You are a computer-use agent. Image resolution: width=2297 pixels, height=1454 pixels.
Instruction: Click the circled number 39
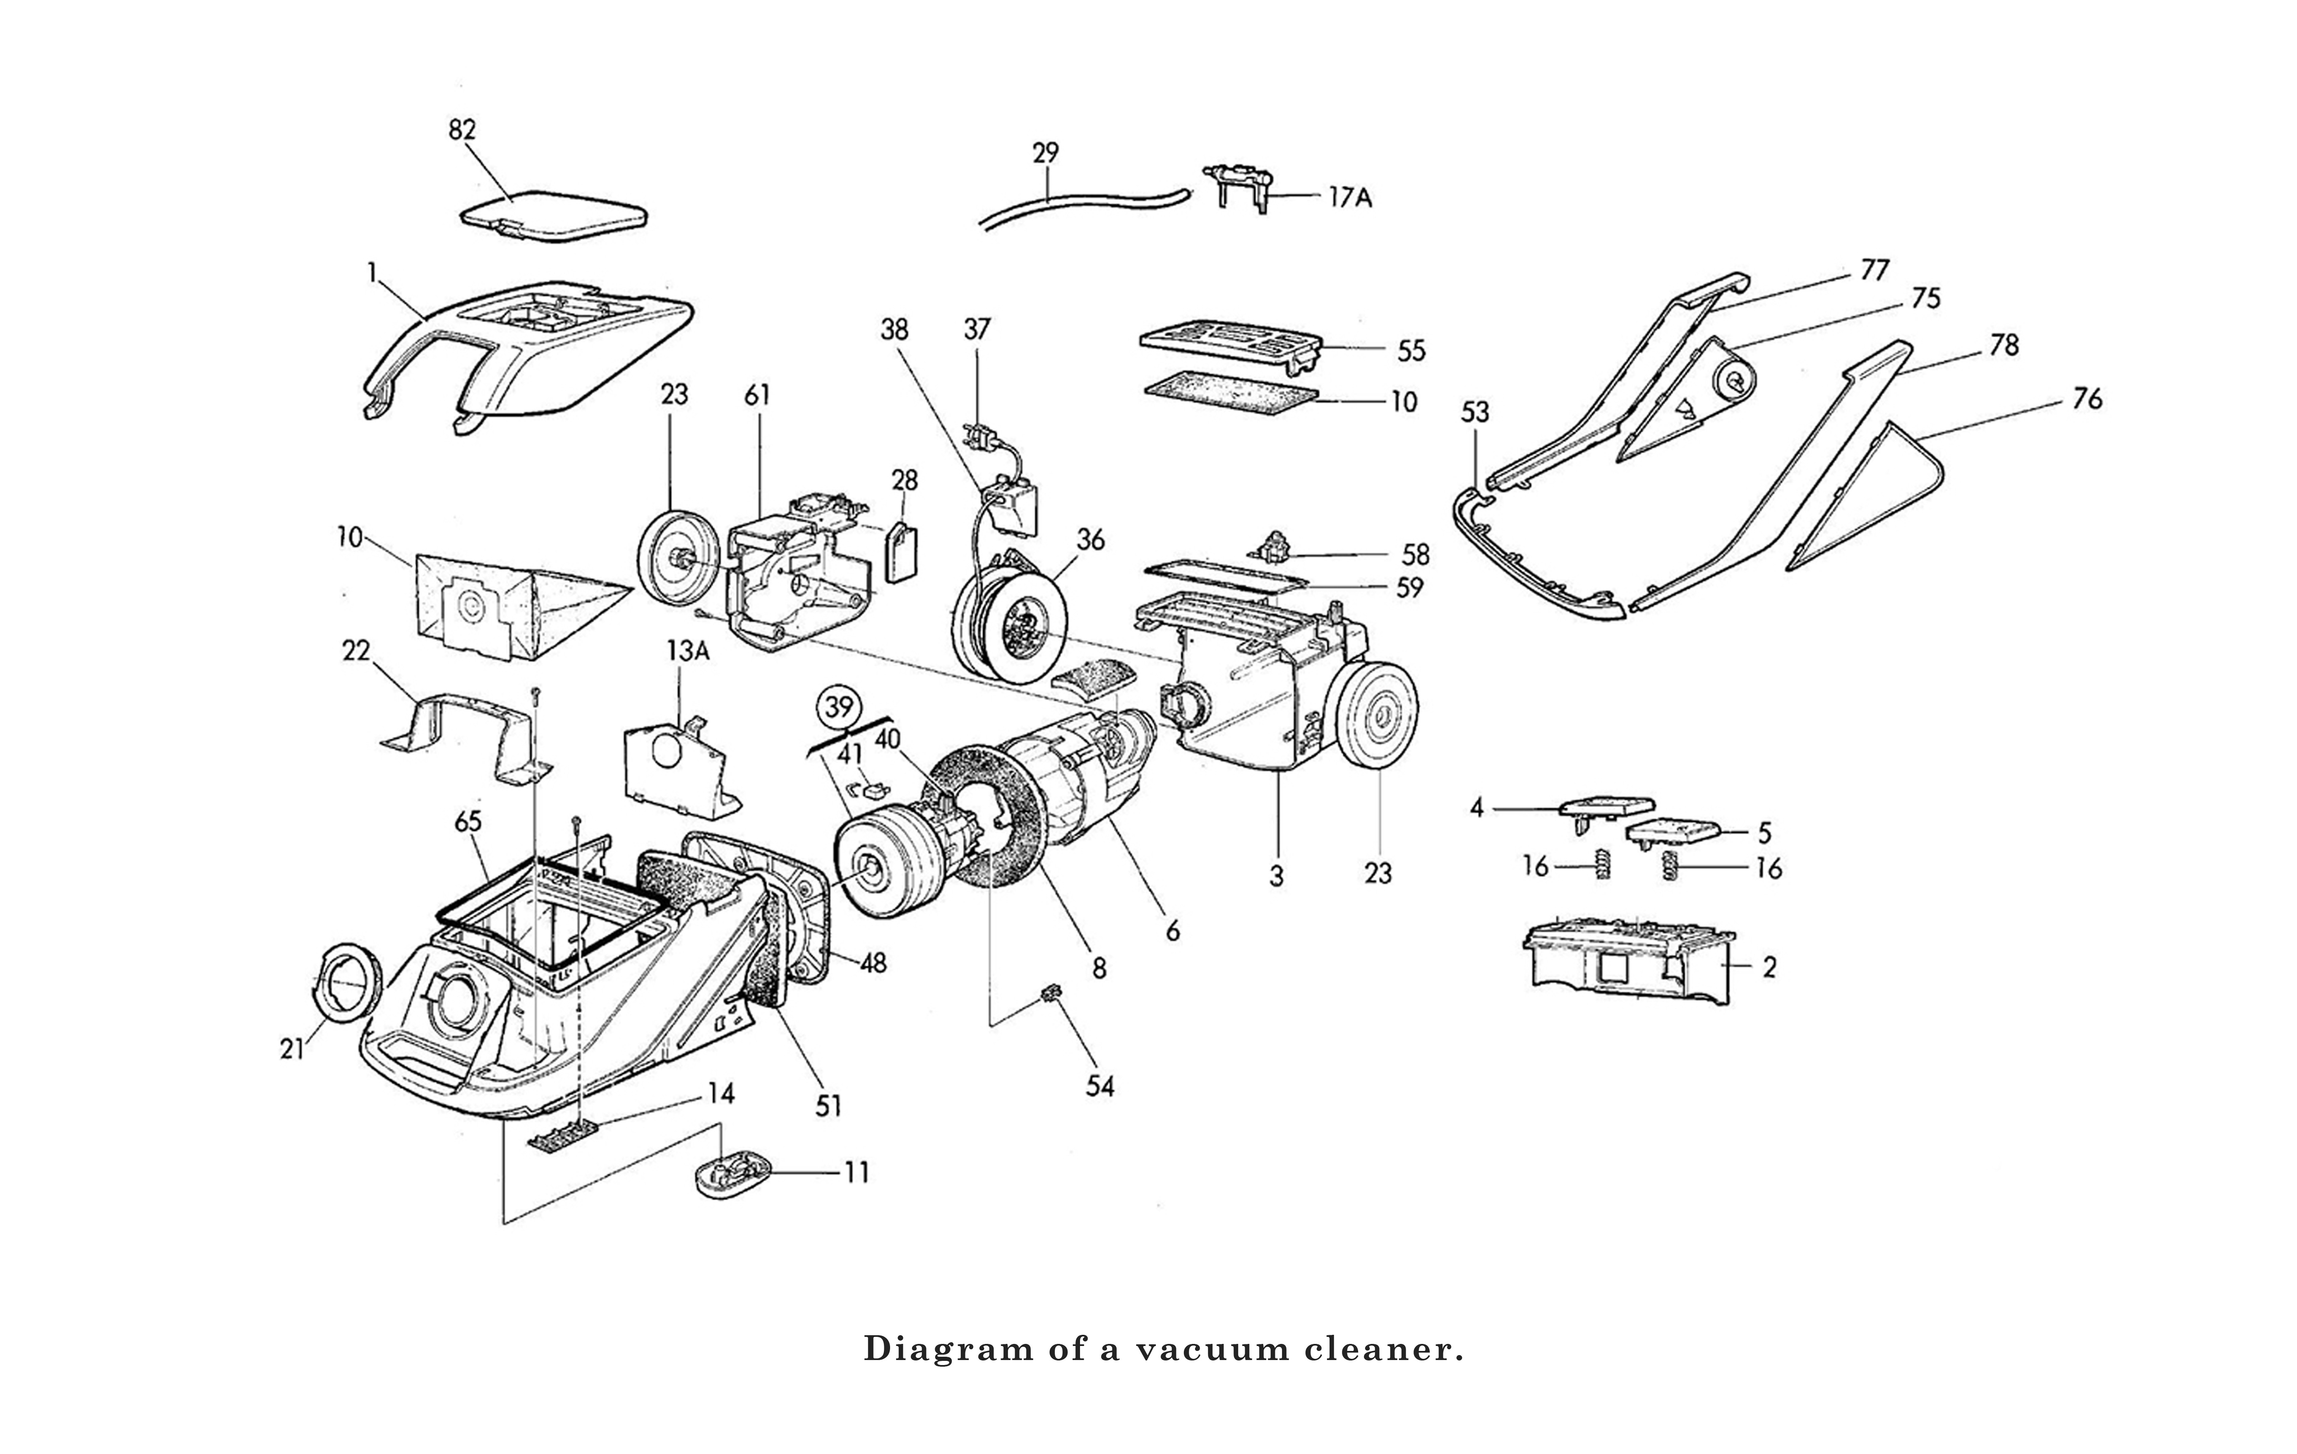pyautogui.click(x=838, y=708)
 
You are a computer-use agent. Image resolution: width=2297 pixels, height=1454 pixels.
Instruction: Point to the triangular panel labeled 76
pyautogui.click(x=1860, y=496)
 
